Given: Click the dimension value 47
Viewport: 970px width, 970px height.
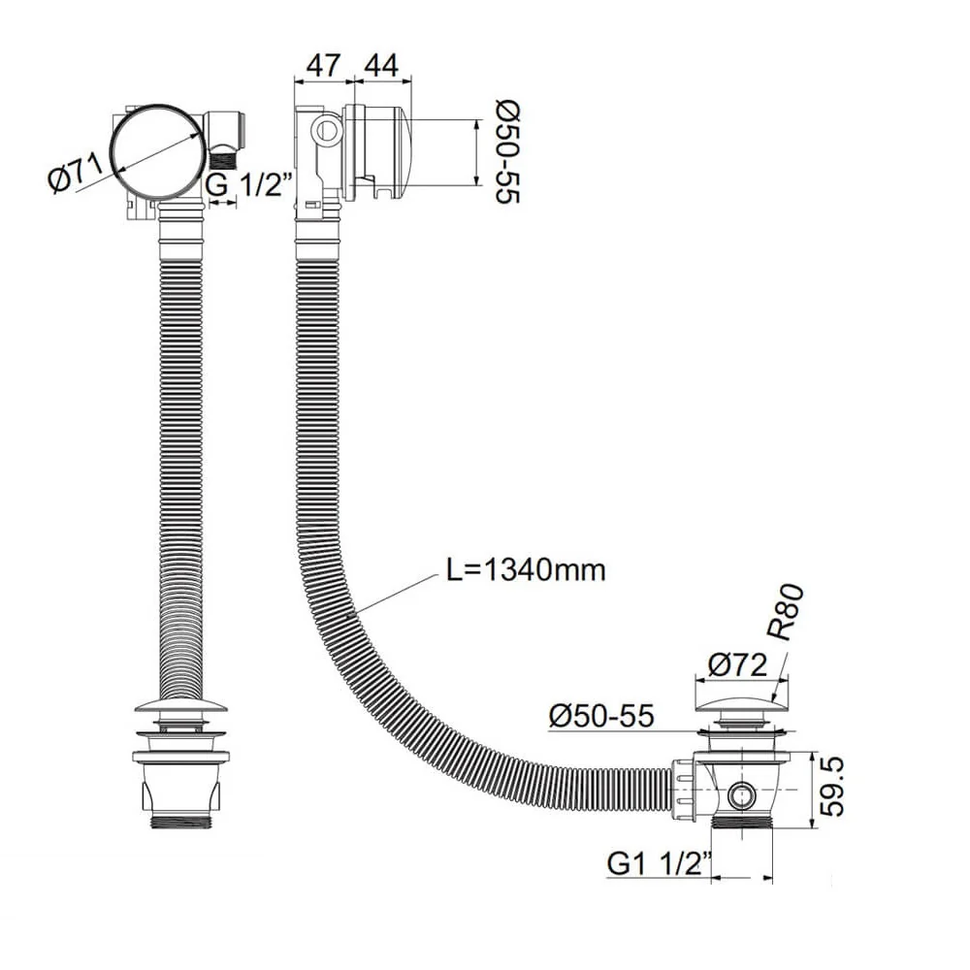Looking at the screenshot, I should [x=323, y=66].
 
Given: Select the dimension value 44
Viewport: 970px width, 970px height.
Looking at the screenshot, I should [x=380, y=66].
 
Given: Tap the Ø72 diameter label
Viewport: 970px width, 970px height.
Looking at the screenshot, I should [x=739, y=665].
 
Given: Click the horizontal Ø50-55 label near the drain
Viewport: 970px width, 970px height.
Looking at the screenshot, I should [x=600, y=717].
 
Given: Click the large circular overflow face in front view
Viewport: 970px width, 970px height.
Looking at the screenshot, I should [x=155, y=151].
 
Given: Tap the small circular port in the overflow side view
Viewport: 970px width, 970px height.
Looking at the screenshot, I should [x=329, y=129].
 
